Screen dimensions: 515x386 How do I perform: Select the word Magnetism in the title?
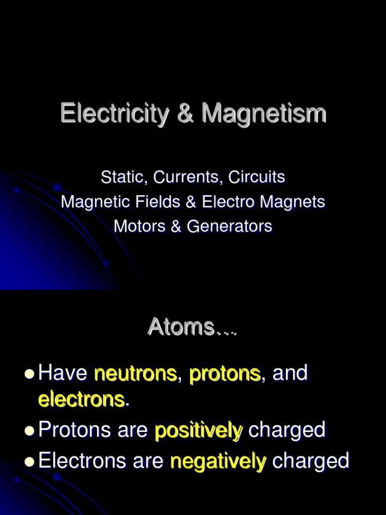point(264,114)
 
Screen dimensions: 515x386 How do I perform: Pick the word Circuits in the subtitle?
point(257,177)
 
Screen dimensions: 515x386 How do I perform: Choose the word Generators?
point(230,226)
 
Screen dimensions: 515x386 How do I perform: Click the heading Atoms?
point(181,327)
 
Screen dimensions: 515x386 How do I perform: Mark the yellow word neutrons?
point(136,374)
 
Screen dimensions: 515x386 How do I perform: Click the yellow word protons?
point(225,374)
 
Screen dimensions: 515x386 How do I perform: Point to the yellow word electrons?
point(81,400)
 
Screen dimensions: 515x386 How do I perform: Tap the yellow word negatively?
point(218,461)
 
